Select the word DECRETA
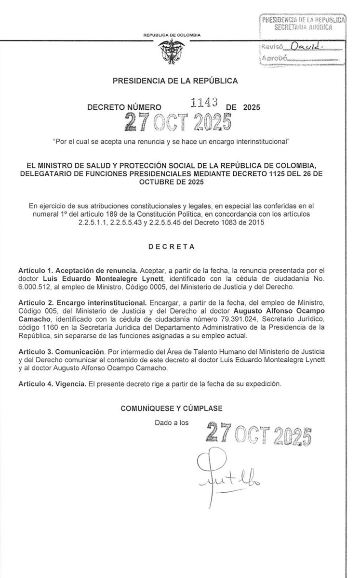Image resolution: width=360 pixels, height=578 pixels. pyautogui.click(x=175, y=247)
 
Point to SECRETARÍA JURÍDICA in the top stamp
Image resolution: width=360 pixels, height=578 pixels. pyautogui.click(x=302, y=28)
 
